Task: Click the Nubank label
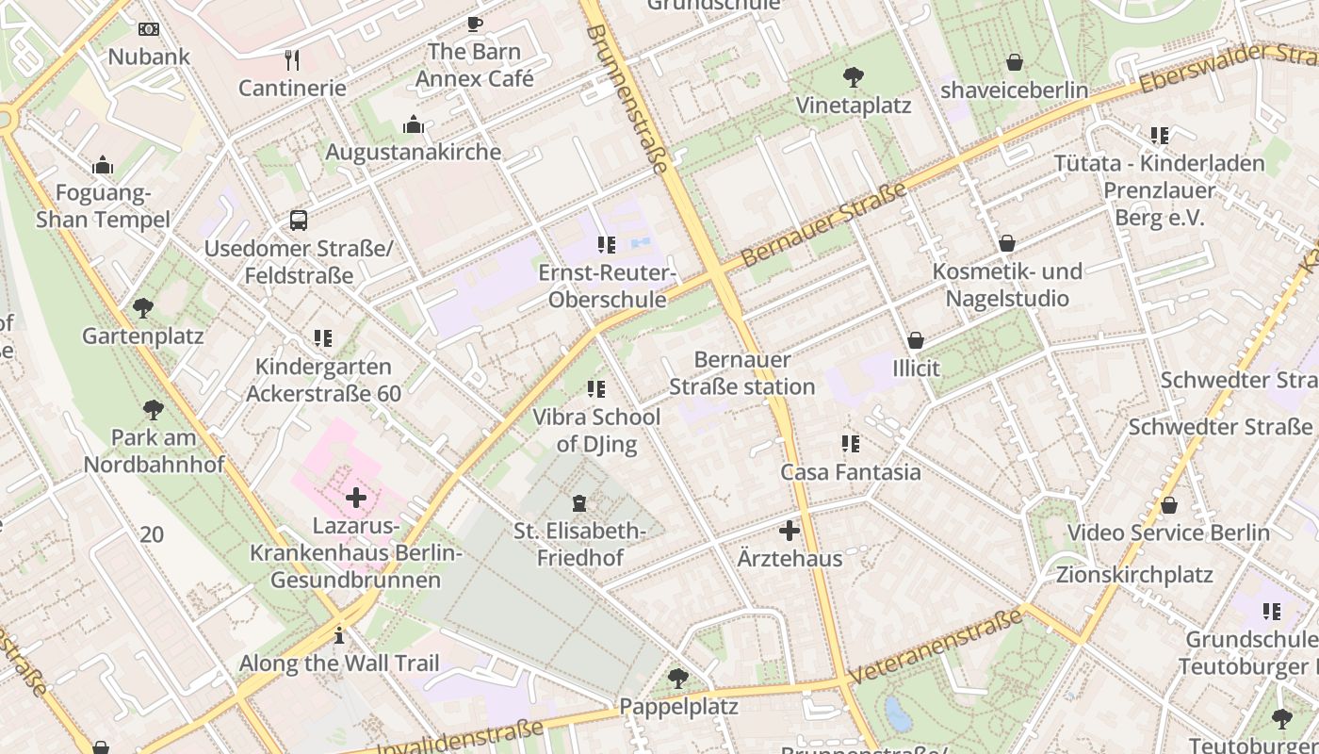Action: tap(149, 57)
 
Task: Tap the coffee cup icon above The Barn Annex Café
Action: tap(475, 24)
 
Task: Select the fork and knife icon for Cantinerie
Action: tap(292, 61)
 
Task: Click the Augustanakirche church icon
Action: tap(413, 124)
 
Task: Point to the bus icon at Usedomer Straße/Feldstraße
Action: tap(299, 221)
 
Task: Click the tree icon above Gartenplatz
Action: tap(143, 308)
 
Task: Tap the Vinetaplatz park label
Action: tap(854, 105)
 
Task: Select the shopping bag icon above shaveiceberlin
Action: tap(1015, 63)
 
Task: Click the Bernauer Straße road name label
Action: tap(823, 224)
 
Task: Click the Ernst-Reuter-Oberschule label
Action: tap(607, 287)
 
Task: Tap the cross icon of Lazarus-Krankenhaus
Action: tap(356, 498)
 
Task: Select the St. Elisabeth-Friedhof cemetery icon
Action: tap(579, 504)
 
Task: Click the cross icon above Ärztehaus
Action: tap(790, 531)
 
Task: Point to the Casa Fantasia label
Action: tap(851, 471)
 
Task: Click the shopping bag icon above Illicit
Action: tap(916, 340)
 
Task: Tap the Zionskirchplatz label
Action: tap(1134, 574)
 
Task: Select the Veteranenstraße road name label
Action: tap(935, 647)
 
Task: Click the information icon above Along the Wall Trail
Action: tap(339, 635)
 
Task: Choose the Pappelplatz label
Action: tap(678, 706)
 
